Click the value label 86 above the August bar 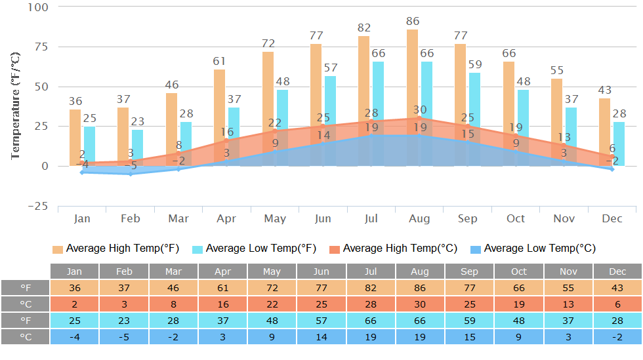412,21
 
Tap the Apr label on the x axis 226,218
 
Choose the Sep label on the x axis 467,218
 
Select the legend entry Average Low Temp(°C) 533,249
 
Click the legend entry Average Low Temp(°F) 255,249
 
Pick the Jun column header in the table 321,271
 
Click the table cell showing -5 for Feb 124,337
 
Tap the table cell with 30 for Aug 420,304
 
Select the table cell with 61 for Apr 222,288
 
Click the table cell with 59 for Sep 469,321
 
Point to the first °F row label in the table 26,288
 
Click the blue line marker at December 612,169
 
